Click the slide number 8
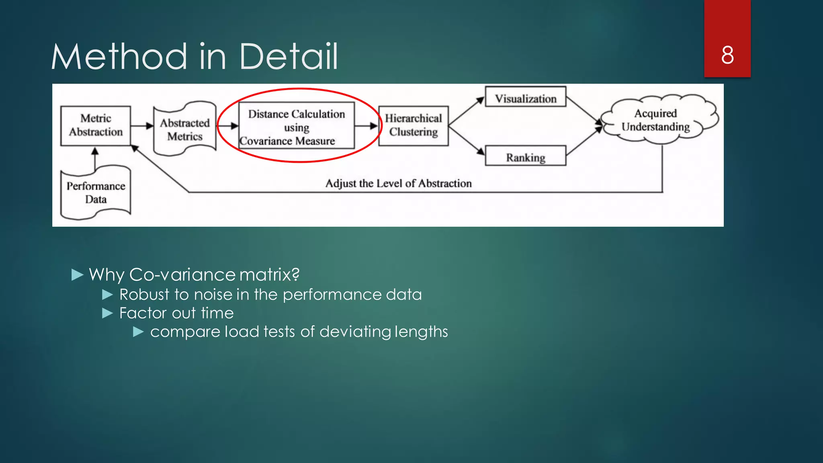tap(727, 55)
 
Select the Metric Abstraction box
tap(96, 125)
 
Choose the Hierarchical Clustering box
tap(413, 125)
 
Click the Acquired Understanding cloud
tap(656, 120)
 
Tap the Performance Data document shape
tap(96, 193)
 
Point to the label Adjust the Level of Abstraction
tap(398, 184)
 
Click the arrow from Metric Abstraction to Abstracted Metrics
tap(142, 126)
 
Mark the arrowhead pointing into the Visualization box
tap(480, 100)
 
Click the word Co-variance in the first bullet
tap(182, 275)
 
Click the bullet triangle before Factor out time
tap(107, 313)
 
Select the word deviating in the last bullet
tap(355, 332)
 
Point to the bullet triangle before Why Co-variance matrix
tap(77, 275)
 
